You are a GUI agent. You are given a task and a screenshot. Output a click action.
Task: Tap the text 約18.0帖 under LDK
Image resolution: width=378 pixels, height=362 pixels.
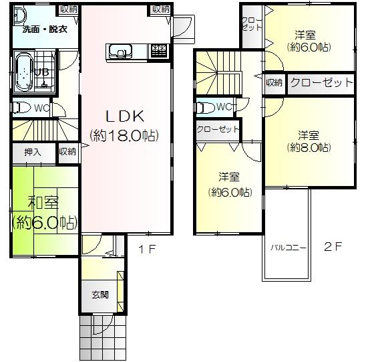tap(124, 135)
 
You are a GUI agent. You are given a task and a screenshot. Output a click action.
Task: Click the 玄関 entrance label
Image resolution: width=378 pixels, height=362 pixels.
tap(100, 294)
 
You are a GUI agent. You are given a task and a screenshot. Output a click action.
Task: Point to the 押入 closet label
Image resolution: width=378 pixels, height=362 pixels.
tap(33, 152)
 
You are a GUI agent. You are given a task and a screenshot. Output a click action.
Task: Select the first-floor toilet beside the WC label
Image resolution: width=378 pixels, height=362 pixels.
tap(21, 107)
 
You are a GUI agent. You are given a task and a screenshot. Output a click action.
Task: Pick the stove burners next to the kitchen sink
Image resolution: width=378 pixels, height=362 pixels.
tap(159, 50)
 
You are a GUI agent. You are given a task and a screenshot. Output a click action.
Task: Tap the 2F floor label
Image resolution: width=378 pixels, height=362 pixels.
tap(333, 246)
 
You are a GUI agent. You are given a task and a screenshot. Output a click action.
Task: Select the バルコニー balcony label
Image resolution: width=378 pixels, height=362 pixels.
tap(288, 248)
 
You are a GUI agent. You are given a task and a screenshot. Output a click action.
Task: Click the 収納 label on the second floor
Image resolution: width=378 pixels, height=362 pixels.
tap(274, 82)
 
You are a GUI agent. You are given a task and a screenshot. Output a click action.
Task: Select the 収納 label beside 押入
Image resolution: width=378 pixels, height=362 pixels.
tap(67, 152)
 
